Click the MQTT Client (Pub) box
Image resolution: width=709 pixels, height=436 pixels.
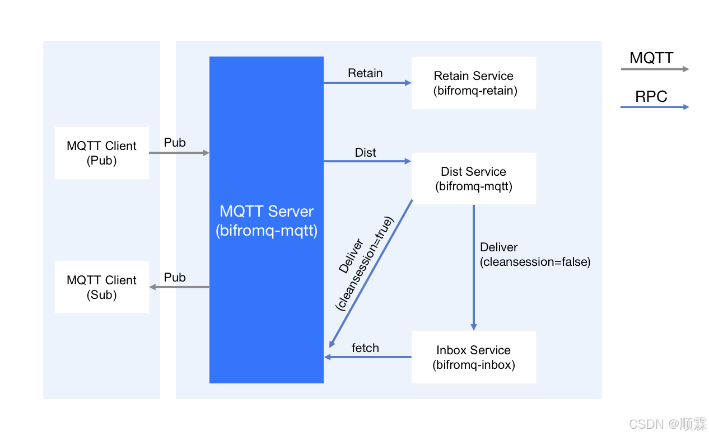[101, 153]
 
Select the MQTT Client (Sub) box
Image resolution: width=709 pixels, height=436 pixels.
[101, 287]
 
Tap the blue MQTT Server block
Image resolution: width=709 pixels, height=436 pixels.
[267, 220]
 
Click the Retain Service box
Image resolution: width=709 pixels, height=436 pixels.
[474, 83]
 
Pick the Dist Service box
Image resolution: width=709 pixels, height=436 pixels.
[474, 179]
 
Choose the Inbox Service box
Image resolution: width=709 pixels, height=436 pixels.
[474, 357]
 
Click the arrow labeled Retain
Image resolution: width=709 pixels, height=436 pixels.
[367, 83]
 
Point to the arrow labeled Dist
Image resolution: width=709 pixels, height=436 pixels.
[367, 161]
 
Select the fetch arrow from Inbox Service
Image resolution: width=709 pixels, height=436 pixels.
[367, 357]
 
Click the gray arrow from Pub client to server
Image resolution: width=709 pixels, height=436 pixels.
[179, 153]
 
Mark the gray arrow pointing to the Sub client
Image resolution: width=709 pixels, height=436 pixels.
[179, 287]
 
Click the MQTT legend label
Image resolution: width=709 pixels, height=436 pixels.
[651, 58]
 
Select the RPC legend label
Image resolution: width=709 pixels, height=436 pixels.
[651, 97]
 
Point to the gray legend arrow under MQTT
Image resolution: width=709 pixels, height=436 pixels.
[654, 69]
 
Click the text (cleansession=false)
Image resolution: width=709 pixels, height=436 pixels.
[535, 261]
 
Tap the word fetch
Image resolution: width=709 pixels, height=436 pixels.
[365, 348]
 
